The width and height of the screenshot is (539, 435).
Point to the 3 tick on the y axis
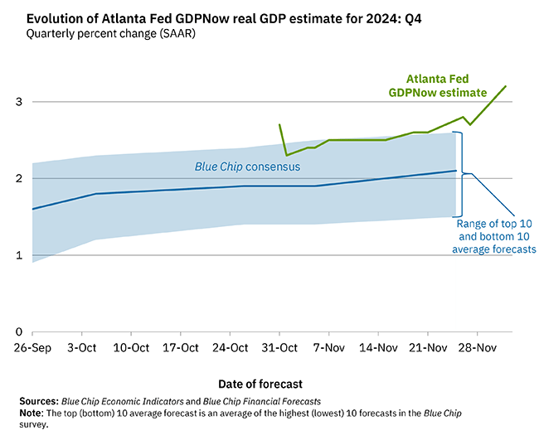[x=19, y=102]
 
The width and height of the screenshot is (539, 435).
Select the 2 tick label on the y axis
[x=19, y=178]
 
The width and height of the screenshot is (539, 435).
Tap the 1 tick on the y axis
[x=19, y=255]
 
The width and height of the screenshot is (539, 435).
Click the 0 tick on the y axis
[x=19, y=331]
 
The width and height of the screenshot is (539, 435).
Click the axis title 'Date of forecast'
[x=260, y=384]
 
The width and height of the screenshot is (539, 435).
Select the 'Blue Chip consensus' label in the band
[x=247, y=167]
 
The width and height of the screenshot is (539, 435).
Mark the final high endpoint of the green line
[x=506, y=86]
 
